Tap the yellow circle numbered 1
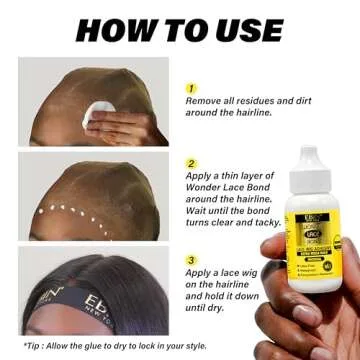[191, 88]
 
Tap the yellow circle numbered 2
[191, 162]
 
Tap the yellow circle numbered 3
[191, 260]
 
